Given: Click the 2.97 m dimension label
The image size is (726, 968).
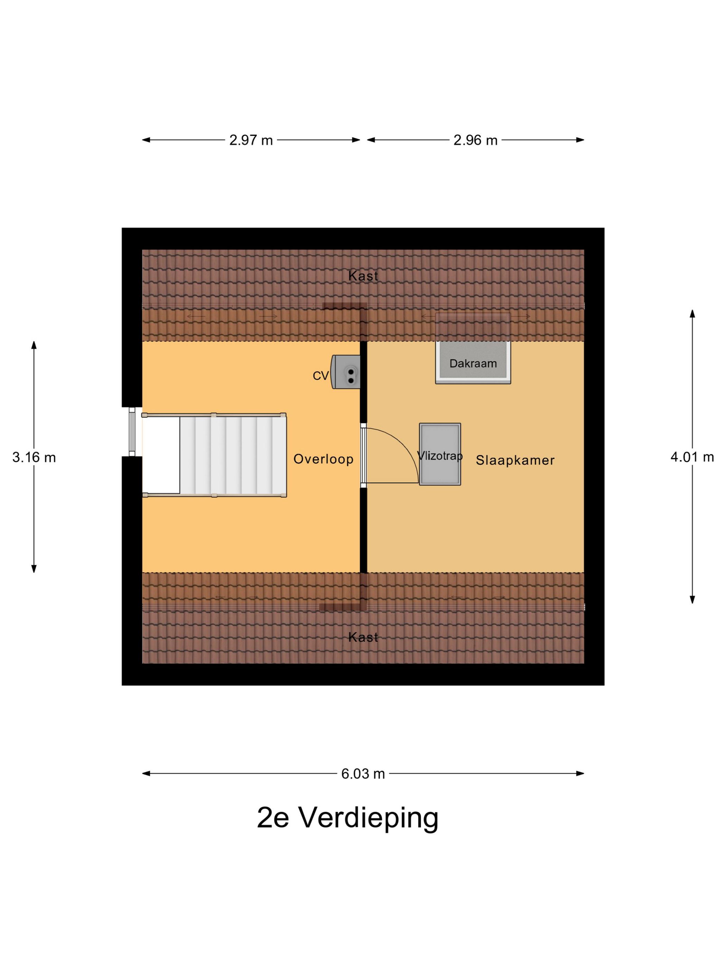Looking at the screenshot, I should [251, 140].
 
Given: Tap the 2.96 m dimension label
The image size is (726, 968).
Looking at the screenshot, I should [475, 140].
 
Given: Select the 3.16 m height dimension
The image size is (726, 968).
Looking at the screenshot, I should [34, 457].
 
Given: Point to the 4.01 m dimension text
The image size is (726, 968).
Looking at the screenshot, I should [692, 457].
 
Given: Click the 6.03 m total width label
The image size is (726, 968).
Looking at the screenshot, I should [363, 774].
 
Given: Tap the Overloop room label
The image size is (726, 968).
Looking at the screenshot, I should [323, 459].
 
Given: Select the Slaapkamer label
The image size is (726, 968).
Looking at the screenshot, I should [515, 460].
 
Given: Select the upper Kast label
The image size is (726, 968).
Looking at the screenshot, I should [363, 276].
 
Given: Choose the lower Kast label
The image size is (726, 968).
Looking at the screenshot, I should [363, 637].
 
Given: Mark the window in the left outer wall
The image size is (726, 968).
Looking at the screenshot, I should [132, 431].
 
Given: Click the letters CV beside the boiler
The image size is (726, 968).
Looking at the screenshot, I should [320, 375].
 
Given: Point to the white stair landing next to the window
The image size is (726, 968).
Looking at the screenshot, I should [161, 455].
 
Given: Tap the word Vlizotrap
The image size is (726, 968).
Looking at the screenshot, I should [440, 456].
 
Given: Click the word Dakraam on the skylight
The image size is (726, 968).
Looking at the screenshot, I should [473, 363].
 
